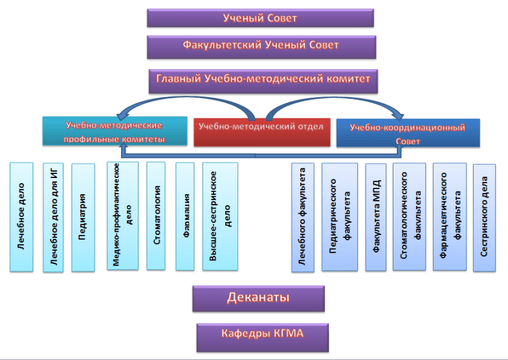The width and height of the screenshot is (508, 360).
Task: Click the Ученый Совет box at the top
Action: click(x=260, y=18)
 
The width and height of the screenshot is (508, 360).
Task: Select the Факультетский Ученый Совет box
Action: click(x=261, y=47)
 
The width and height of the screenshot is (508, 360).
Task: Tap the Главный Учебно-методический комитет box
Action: click(x=263, y=80)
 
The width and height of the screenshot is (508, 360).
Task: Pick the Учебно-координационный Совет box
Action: click(x=408, y=133)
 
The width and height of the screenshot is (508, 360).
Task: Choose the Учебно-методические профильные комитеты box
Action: click(x=114, y=131)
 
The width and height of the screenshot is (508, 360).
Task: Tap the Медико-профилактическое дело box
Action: click(x=122, y=216)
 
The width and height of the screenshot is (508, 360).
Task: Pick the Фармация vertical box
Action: click(x=185, y=216)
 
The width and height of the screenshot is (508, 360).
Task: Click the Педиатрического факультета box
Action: click(x=340, y=217)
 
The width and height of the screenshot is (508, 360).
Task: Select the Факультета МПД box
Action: click(x=376, y=217)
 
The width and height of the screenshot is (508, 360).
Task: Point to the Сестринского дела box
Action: click(x=485, y=217)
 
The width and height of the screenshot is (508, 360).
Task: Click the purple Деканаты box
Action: click(x=258, y=298)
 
